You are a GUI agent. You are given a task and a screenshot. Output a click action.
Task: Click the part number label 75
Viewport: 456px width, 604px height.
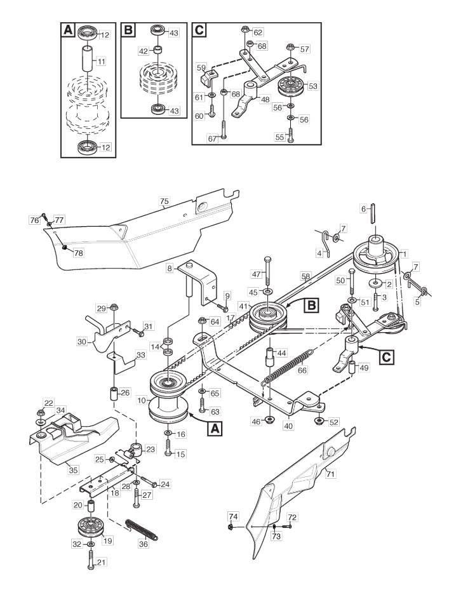pos(164,201)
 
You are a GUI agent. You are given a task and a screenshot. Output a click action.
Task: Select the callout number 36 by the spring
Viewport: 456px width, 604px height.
pos(144,545)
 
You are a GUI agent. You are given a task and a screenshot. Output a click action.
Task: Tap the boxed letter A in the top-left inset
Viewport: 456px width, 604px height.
pos(68,30)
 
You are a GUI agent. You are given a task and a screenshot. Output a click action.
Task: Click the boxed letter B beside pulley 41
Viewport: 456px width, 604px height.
pos(311,305)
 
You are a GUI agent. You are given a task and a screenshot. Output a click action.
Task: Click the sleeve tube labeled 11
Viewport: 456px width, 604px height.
pos(88,58)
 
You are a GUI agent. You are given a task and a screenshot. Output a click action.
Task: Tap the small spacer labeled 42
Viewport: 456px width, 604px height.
pos(158,50)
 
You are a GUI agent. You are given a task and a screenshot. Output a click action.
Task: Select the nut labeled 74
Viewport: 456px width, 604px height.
pos(231,526)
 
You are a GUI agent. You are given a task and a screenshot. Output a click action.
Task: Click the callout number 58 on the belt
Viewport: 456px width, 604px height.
pos(305,276)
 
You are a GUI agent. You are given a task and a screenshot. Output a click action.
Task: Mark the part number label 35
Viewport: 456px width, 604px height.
pos(73,471)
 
